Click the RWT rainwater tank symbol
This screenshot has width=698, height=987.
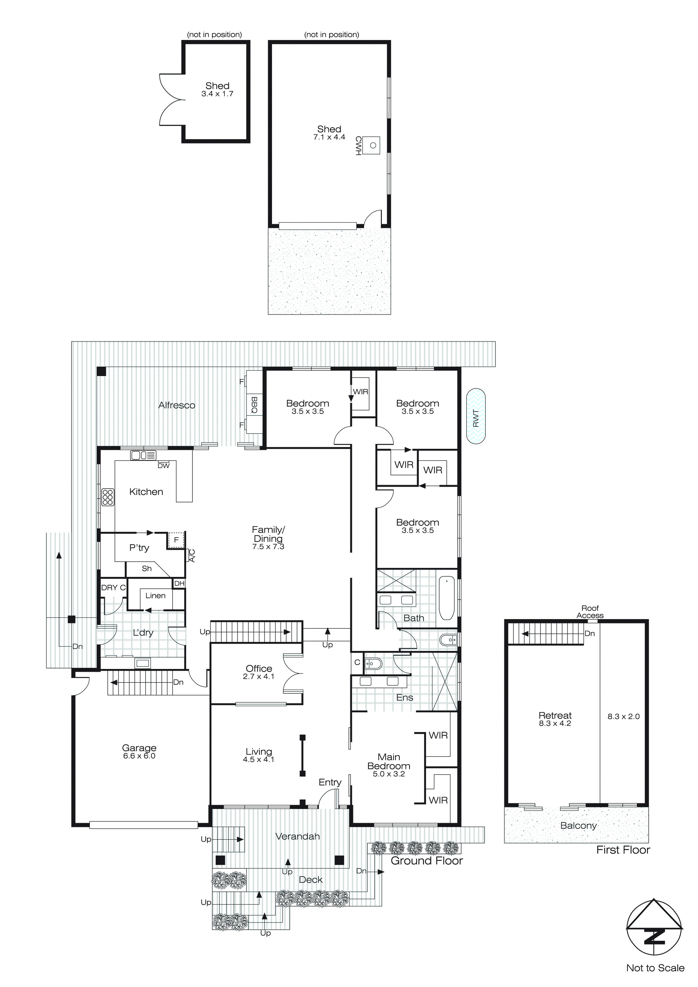(476, 416)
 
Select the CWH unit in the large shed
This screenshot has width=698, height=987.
(371, 145)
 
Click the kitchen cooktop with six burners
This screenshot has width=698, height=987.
(108, 497)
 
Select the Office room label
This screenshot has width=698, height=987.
(259, 668)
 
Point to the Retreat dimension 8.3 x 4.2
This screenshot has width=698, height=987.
(555, 723)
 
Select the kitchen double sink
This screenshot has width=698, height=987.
(143, 455)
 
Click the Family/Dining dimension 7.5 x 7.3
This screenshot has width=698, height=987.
(268, 547)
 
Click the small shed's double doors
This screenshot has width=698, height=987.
(172, 100)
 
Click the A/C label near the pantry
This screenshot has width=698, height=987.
(192, 555)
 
